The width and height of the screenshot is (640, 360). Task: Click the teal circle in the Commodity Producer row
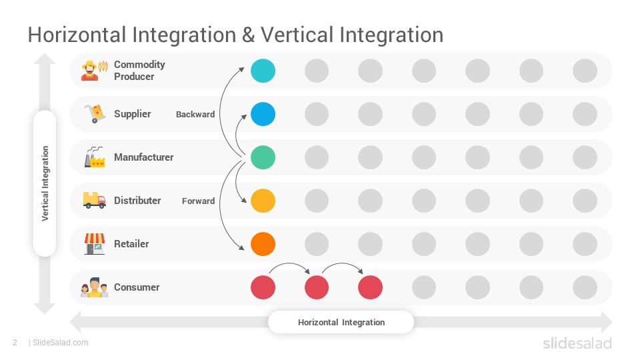(x=263, y=71)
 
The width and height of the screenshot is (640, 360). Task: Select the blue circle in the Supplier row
(x=263, y=114)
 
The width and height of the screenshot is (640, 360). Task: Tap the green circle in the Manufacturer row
(x=263, y=157)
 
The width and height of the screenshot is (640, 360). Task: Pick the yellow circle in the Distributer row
(x=263, y=201)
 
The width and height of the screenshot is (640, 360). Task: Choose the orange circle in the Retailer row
(x=263, y=244)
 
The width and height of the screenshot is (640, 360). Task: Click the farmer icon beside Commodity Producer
(x=94, y=71)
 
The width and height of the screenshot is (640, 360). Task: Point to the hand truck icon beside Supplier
(x=95, y=113)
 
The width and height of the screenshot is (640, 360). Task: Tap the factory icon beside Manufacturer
(x=95, y=157)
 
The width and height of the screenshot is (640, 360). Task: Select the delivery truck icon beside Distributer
(x=94, y=201)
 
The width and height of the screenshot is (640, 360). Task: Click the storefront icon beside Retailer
(x=95, y=244)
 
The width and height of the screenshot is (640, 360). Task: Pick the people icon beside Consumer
(x=94, y=287)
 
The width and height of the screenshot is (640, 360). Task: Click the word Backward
(x=195, y=114)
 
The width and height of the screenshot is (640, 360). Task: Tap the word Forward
(x=199, y=201)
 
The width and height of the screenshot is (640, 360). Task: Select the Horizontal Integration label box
(x=341, y=322)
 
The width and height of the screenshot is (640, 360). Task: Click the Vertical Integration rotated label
(x=45, y=183)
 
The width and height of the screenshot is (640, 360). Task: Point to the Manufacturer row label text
(x=144, y=157)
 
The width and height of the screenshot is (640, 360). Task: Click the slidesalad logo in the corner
(x=577, y=343)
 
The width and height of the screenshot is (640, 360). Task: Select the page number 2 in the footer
(x=15, y=343)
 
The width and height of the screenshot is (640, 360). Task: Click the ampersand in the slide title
(x=248, y=35)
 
